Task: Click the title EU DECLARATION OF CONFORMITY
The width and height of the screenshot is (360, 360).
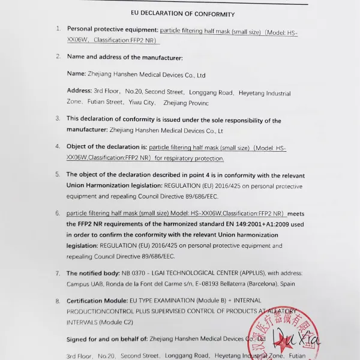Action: coord(182,14)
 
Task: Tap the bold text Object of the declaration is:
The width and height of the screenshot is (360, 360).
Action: coord(106,146)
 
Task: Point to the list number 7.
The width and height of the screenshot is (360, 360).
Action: coord(58,273)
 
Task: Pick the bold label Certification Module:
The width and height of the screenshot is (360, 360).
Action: coord(95,301)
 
